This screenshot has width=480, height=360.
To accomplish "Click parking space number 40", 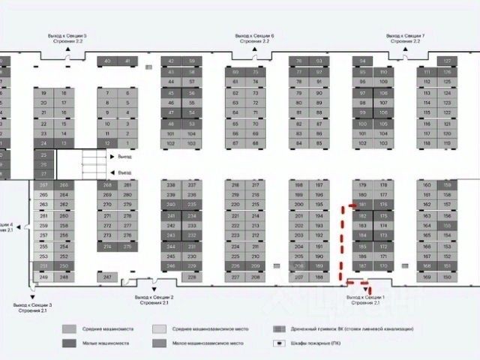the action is pos(107,61).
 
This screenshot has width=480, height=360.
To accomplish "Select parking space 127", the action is pos(448,61).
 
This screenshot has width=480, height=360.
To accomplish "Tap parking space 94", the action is pos(363,61).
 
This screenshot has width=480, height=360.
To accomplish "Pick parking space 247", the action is pos(107,277).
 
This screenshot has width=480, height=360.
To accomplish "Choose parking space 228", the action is pos(192,277).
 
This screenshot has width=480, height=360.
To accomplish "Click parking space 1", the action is pos(127,142).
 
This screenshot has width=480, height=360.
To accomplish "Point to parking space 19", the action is pos(43,93).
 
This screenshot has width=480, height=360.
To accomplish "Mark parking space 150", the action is pos(448,277).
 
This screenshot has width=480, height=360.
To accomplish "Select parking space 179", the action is pos(363,184).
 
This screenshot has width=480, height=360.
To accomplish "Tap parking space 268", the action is pos(107,184).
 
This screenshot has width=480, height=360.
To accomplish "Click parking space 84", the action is pos(299,142).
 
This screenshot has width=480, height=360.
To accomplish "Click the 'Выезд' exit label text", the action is pos(122,157).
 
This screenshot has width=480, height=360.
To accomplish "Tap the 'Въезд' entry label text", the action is pos(122,173).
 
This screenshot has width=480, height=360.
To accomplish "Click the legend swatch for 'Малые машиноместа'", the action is pos(70,343).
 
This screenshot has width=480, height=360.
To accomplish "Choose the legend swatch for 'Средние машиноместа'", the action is pos(70,329).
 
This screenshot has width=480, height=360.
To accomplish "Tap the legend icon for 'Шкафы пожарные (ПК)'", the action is pos(278,343).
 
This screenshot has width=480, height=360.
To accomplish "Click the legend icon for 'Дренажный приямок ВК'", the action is pos(278,329).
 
